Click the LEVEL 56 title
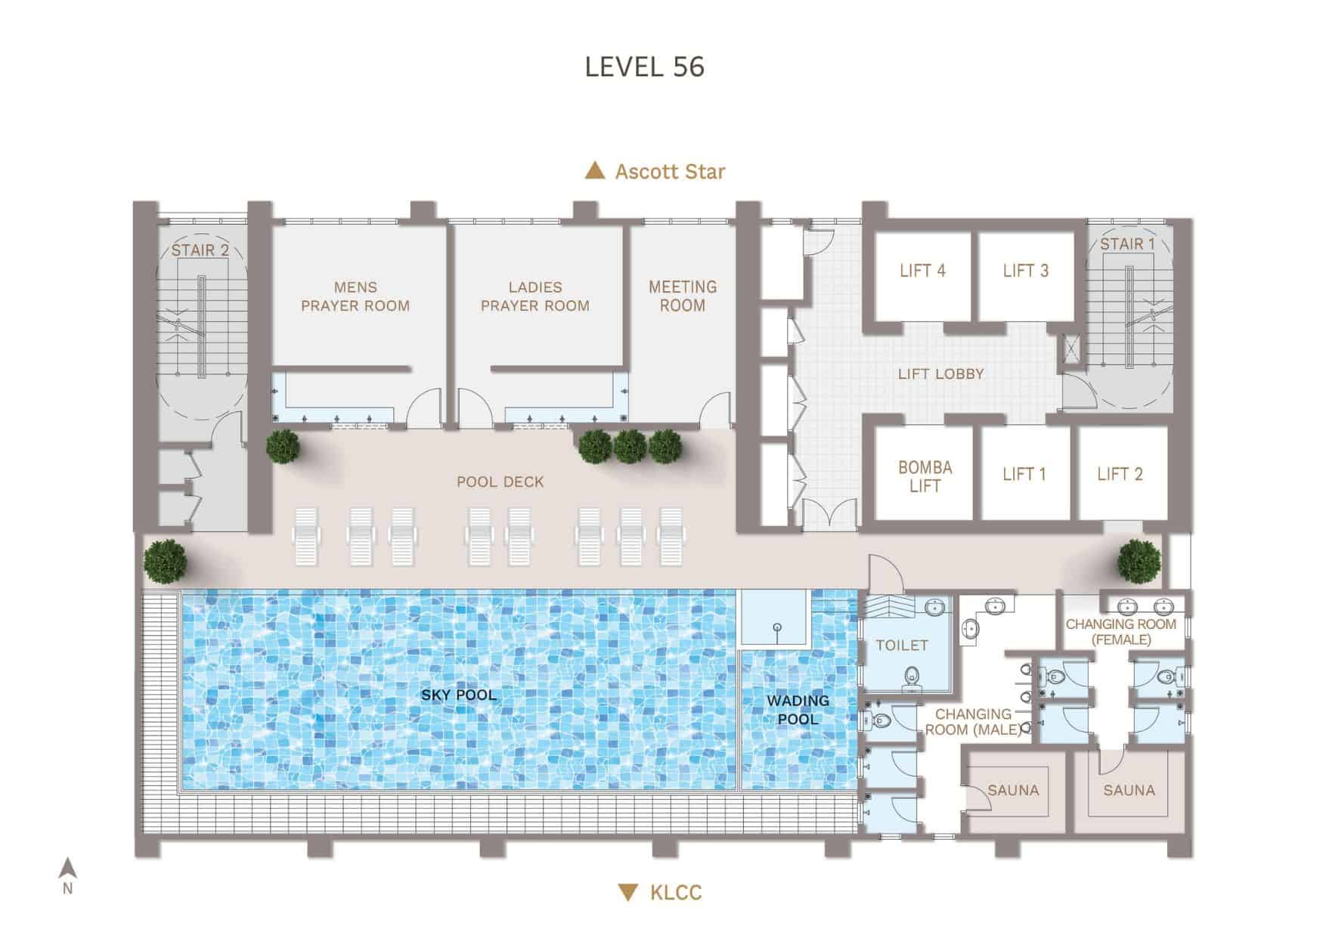point(644,67)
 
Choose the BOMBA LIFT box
point(924,476)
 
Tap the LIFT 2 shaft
point(1120,475)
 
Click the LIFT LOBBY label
point(940,374)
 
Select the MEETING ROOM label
point(682,296)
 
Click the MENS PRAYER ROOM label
point(355,296)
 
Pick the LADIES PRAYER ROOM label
point(535,296)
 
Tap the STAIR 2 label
point(200,249)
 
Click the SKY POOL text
point(459,695)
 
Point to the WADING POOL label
point(798,709)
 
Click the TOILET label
point(901,645)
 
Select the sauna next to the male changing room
point(1013,790)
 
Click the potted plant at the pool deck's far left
point(166,560)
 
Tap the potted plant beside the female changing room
point(1139,560)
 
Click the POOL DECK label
point(500,482)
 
